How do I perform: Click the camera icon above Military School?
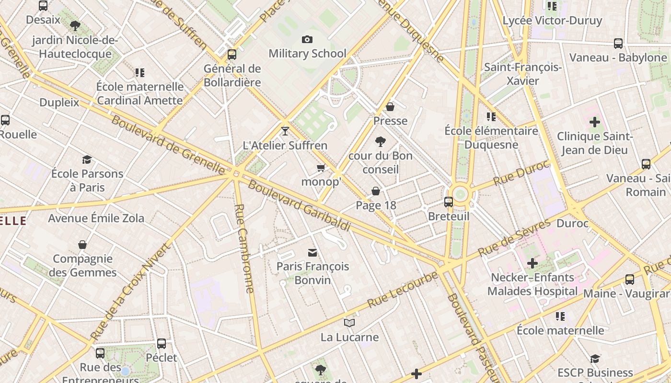coord(307,39)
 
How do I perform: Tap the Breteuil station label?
coord(449,216)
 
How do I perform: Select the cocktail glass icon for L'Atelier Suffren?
coord(285,131)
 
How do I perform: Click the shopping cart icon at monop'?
coord(321,168)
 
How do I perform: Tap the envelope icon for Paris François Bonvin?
coord(312,252)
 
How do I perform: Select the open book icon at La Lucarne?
coord(349,323)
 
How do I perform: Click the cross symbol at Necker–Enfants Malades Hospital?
coord(532,263)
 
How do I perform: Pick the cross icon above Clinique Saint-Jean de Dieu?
coord(594,122)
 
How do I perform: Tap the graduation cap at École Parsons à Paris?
coord(87,159)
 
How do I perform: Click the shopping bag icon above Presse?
coord(390,106)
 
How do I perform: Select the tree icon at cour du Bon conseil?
coord(381,141)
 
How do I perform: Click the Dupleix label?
coord(59,102)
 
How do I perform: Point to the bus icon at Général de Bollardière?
coord(232,54)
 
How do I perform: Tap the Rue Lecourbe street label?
coord(403,290)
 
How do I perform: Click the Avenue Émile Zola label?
coord(96,218)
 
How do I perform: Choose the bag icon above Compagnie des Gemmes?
coord(82,245)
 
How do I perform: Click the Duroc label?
coord(572,223)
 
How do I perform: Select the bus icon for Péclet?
coord(162,343)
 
